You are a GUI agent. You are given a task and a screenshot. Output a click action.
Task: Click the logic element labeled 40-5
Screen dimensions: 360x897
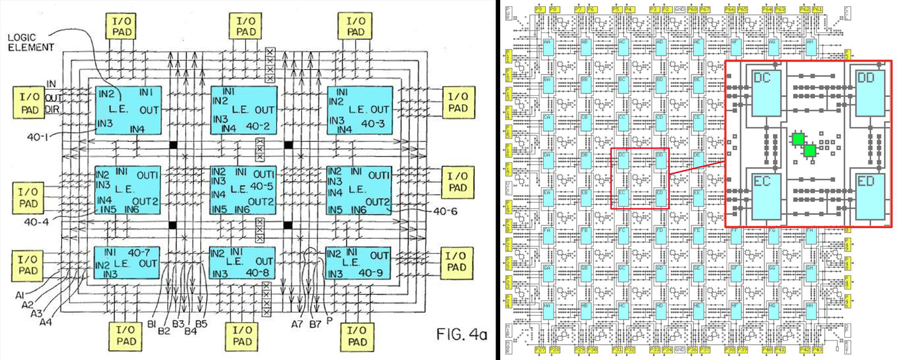[x=243, y=190]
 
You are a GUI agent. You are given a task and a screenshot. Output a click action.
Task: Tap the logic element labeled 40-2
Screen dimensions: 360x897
[x=243, y=110]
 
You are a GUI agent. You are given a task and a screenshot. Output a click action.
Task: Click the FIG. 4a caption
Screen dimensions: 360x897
[x=461, y=335]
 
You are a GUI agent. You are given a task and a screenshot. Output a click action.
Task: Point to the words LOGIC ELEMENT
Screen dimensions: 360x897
[x=31, y=43]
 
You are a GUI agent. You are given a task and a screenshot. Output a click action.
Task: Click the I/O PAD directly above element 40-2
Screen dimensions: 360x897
[x=246, y=26]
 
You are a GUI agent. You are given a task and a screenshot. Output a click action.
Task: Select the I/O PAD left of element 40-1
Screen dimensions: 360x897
[x=29, y=104]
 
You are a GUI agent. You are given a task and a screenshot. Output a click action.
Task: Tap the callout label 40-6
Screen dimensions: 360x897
[x=446, y=211]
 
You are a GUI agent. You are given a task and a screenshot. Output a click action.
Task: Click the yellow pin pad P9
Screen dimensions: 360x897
[x=539, y=10]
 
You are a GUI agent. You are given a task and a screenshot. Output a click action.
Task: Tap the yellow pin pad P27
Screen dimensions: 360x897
[x=539, y=349]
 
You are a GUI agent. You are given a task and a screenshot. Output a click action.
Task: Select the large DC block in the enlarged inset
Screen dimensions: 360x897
[x=766, y=93]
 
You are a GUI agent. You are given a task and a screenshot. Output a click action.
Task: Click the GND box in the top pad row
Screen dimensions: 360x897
[x=679, y=10]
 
